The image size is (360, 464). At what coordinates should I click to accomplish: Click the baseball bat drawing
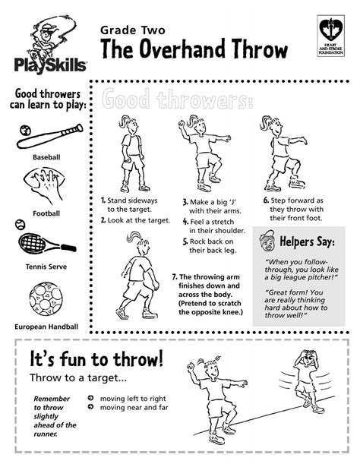pos(47,134)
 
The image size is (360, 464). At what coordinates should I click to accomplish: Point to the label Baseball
pos(46,157)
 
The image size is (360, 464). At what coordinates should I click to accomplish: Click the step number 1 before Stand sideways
pos(103,201)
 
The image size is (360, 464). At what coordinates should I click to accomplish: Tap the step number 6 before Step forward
pos(267,200)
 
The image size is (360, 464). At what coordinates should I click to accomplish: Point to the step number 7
pos(174,277)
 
